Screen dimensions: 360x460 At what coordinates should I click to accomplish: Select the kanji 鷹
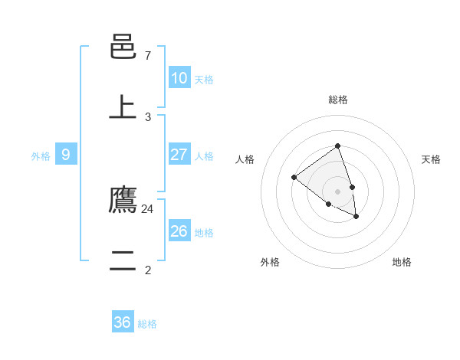123,200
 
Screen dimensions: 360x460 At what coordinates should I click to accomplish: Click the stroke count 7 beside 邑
148,56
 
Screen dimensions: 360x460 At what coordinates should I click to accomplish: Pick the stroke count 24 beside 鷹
148,208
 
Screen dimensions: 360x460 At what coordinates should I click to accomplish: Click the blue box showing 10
179,78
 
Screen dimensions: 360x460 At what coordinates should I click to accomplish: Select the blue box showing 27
179,155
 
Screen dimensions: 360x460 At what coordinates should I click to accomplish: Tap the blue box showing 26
179,231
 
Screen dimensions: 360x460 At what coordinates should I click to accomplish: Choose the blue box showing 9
66,155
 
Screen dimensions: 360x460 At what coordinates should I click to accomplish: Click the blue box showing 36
123,322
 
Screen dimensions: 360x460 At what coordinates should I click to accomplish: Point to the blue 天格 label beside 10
204,80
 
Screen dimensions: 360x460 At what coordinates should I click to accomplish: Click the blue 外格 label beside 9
41,156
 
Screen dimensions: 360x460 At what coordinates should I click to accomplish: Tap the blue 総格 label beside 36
147,324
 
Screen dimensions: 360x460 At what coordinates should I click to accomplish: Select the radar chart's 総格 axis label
337,100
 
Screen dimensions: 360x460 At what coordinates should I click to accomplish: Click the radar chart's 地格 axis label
402,262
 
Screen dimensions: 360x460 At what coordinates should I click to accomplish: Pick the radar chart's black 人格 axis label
245,159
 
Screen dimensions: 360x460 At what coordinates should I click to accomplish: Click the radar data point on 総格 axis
337,146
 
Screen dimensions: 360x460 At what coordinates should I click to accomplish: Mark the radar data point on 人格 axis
294,178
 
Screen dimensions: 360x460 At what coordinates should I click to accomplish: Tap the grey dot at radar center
337,191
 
